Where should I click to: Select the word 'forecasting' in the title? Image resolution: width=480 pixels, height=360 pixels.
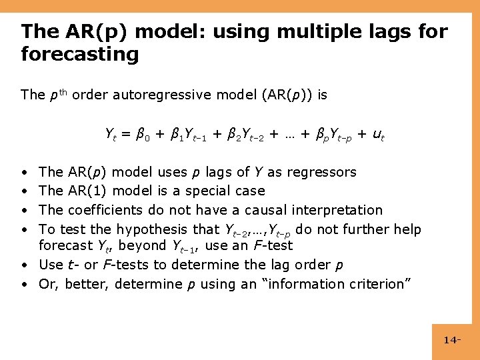pos(80,53)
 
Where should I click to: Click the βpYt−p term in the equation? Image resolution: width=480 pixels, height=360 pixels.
pos(326,135)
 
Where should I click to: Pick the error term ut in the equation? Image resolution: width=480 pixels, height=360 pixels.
pos(377,135)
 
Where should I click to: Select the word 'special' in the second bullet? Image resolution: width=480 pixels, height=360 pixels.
pos(211,191)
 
